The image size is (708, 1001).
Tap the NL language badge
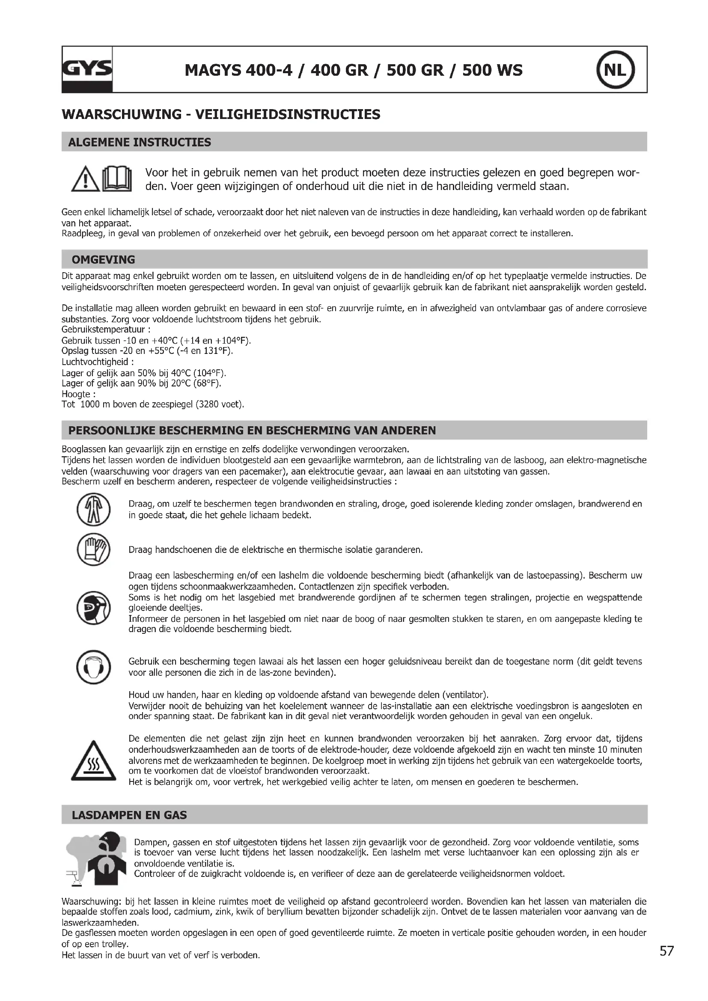[x=615, y=70]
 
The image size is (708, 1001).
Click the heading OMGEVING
[x=103, y=259]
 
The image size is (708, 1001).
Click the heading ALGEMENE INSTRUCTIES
[x=140, y=142]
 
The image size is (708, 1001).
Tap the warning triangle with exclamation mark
[x=86, y=180]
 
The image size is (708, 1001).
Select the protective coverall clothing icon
[x=94, y=509]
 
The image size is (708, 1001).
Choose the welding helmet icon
[x=94, y=608]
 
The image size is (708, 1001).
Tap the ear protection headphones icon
[x=94, y=667]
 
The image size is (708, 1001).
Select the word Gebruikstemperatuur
[x=103, y=330]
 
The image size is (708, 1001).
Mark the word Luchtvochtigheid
[x=95, y=362]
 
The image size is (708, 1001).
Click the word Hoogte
[x=76, y=394]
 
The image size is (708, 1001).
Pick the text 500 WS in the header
[x=492, y=70]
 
